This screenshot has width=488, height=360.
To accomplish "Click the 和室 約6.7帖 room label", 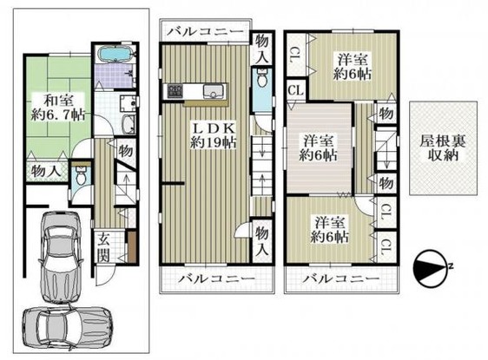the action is tap(58, 108).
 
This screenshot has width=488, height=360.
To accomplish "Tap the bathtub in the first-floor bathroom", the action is tap(115, 55).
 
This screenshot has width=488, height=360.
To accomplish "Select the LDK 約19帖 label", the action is tap(213, 135).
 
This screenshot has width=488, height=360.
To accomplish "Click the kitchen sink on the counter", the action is tap(213, 92).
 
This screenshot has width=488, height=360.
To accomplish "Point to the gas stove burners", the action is tap(175, 91).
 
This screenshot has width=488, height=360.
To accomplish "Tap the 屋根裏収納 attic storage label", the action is tap(443, 148).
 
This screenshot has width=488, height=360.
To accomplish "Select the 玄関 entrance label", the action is tap(103, 248).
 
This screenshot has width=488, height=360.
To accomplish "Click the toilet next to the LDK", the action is tap(263, 78).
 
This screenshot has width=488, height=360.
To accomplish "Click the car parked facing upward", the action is tap(61, 257).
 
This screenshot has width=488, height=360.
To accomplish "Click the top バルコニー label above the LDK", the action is tap(206, 31).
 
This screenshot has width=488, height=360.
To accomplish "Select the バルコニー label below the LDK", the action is tap(216, 278).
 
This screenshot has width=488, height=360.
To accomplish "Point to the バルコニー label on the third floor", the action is tap(341, 278).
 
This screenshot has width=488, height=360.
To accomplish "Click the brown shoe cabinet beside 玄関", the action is tap(132, 246).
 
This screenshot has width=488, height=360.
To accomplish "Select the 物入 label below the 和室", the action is tap(46, 171).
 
